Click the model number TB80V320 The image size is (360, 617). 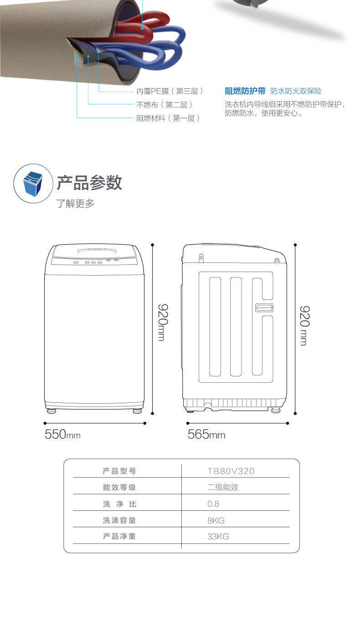coord(231,471)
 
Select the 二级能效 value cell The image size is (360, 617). coord(223,488)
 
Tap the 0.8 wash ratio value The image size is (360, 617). coord(213,504)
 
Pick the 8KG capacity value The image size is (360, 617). coord(216,520)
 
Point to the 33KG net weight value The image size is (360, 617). coord(218,537)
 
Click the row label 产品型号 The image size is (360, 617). coord(119,471)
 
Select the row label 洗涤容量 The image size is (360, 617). coord(119,520)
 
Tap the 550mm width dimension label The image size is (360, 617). coord(62,434)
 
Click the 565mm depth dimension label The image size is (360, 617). coord(206,434)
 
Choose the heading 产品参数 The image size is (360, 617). coord(89,182)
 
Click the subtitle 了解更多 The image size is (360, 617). coord(75,204)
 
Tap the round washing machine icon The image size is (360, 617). coord(33,184)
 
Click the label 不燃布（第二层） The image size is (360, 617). coord(162,105)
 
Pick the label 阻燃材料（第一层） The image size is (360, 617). coord(168,118)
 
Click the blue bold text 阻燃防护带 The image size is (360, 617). coord(245,91)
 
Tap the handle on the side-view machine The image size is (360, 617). coord(264,308)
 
